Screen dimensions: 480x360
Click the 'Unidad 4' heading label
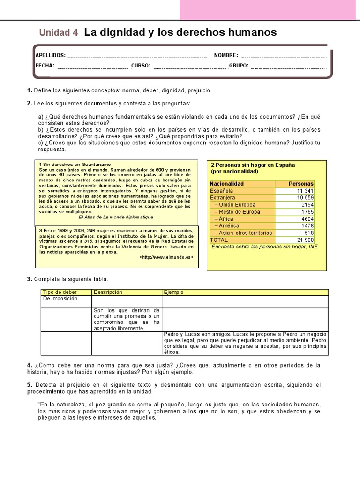point(59,33)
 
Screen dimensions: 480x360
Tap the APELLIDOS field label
point(51,55)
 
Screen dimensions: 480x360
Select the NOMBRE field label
point(226,55)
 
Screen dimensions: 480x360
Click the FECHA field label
point(45,66)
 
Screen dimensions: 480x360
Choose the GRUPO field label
point(239,66)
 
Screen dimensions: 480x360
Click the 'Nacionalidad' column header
point(227,184)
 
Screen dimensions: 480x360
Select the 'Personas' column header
point(300,184)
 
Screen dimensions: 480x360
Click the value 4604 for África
point(307,219)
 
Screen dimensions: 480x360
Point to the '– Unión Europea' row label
point(235,205)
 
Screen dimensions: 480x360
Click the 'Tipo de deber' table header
point(60,292)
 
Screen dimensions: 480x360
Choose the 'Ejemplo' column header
point(174,292)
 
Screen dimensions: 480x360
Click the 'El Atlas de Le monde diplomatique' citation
point(115,217)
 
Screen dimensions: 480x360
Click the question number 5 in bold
point(29,385)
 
